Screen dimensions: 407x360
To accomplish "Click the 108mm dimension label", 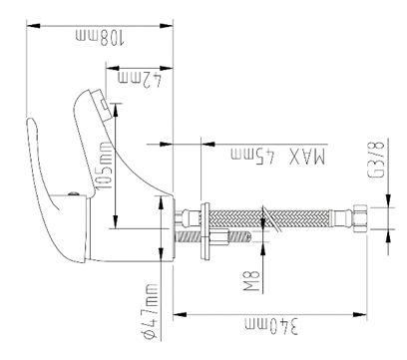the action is point(100,37).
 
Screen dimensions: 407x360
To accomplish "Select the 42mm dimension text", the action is point(140,81).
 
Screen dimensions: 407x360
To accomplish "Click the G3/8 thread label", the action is point(376,160).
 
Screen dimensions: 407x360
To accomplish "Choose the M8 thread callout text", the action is point(251,281).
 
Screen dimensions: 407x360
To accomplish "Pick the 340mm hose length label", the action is point(271,326).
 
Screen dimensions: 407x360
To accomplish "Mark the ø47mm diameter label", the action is point(149,311).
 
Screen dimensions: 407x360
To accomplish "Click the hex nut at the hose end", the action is point(360,218).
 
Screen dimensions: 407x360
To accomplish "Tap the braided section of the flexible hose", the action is point(269,218).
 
